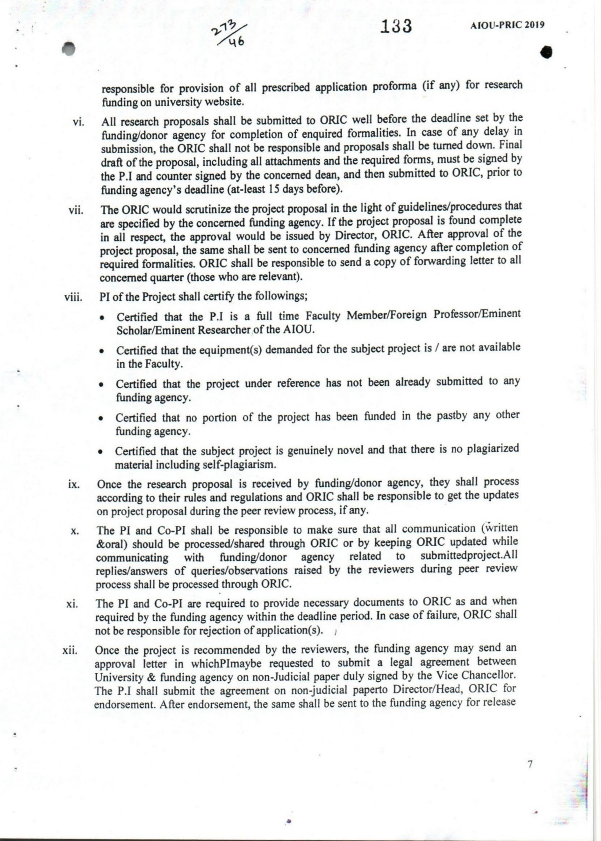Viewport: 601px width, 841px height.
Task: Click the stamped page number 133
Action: click(396, 26)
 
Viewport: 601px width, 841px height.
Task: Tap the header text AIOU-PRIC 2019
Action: click(507, 25)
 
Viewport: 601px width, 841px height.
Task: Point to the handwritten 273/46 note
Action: click(229, 35)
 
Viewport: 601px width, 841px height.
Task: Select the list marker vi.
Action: click(78, 122)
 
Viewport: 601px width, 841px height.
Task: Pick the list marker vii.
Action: click(76, 210)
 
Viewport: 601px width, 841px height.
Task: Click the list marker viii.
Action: click(73, 297)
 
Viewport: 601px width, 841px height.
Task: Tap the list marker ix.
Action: click(74, 484)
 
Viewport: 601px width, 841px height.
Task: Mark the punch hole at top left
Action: click(69, 48)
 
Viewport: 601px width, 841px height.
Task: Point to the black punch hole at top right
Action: click(546, 52)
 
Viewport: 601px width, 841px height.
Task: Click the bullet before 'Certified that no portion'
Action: click(100, 419)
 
